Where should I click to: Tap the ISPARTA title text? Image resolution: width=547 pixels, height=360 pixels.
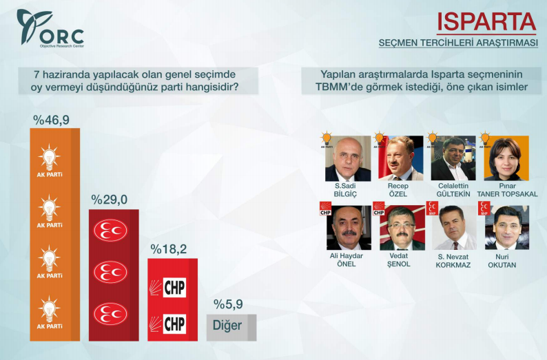pyautogui.click(x=486, y=21)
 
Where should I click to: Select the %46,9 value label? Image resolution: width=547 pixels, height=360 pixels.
pyautogui.click(x=52, y=120)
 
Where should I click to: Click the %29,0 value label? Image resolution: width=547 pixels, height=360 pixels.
pyautogui.click(x=110, y=200)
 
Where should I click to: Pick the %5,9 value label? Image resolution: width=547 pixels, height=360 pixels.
pyautogui.click(x=228, y=304)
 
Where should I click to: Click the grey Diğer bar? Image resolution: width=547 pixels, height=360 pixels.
pyautogui.click(x=231, y=326)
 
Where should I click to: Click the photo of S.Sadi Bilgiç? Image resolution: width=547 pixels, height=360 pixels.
pyautogui.click(x=347, y=158)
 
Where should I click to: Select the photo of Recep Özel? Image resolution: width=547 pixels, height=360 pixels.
pyautogui.click(x=400, y=158)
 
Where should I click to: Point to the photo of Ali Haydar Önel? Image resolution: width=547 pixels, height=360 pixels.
pyautogui.click(x=347, y=228)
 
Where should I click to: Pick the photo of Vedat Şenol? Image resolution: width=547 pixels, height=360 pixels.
pyautogui.click(x=400, y=228)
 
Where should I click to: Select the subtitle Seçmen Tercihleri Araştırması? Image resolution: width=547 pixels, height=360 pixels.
pyautogui.click(x=457, y=43)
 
